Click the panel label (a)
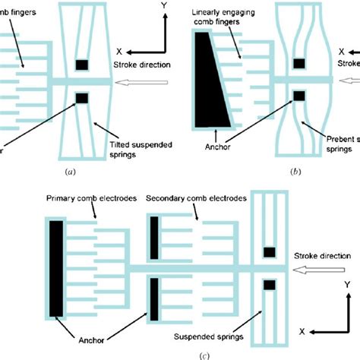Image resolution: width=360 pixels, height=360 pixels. pyautogui.click(x=71, y=172)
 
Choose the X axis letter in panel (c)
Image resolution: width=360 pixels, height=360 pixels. pyautogui.click(x=301, y=331)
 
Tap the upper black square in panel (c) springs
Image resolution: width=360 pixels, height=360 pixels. pyautogui.click(x=268, y=252)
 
